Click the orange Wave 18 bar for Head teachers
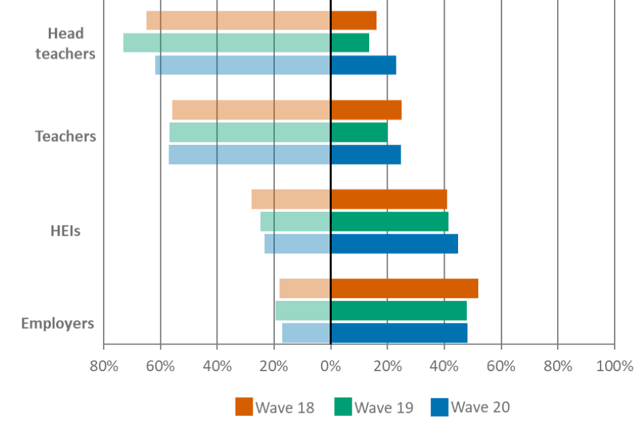261,21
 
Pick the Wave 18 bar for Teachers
286,110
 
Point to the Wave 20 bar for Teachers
285,154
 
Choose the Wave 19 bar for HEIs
354,221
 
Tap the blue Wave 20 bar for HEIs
361,243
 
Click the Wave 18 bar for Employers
379,288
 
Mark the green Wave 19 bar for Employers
371,310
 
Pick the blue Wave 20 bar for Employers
375,332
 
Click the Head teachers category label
66,44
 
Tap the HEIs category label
66,231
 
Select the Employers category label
58,324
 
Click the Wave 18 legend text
285,407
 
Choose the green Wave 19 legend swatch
342,407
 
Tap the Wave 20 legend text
480,407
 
